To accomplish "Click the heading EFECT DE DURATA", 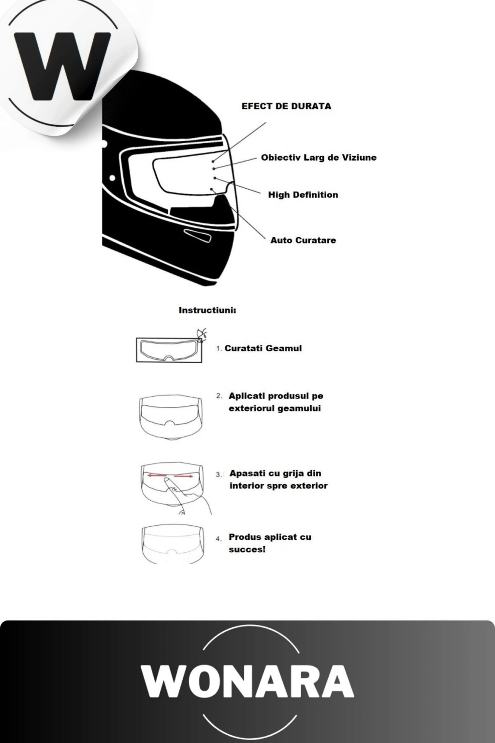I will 286,106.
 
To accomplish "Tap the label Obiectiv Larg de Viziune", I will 319,158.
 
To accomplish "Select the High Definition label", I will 303,195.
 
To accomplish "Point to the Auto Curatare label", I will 303,240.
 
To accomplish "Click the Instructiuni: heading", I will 207,311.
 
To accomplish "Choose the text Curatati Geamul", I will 263,348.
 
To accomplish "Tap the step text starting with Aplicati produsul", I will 276,402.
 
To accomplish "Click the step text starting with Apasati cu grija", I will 278,479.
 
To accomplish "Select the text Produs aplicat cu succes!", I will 270,543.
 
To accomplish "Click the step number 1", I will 218,349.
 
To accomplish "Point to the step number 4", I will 218,538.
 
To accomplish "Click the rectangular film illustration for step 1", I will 169,350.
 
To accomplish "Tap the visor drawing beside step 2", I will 170,416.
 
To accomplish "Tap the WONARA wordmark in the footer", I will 247,681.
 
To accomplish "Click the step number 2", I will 219,396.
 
